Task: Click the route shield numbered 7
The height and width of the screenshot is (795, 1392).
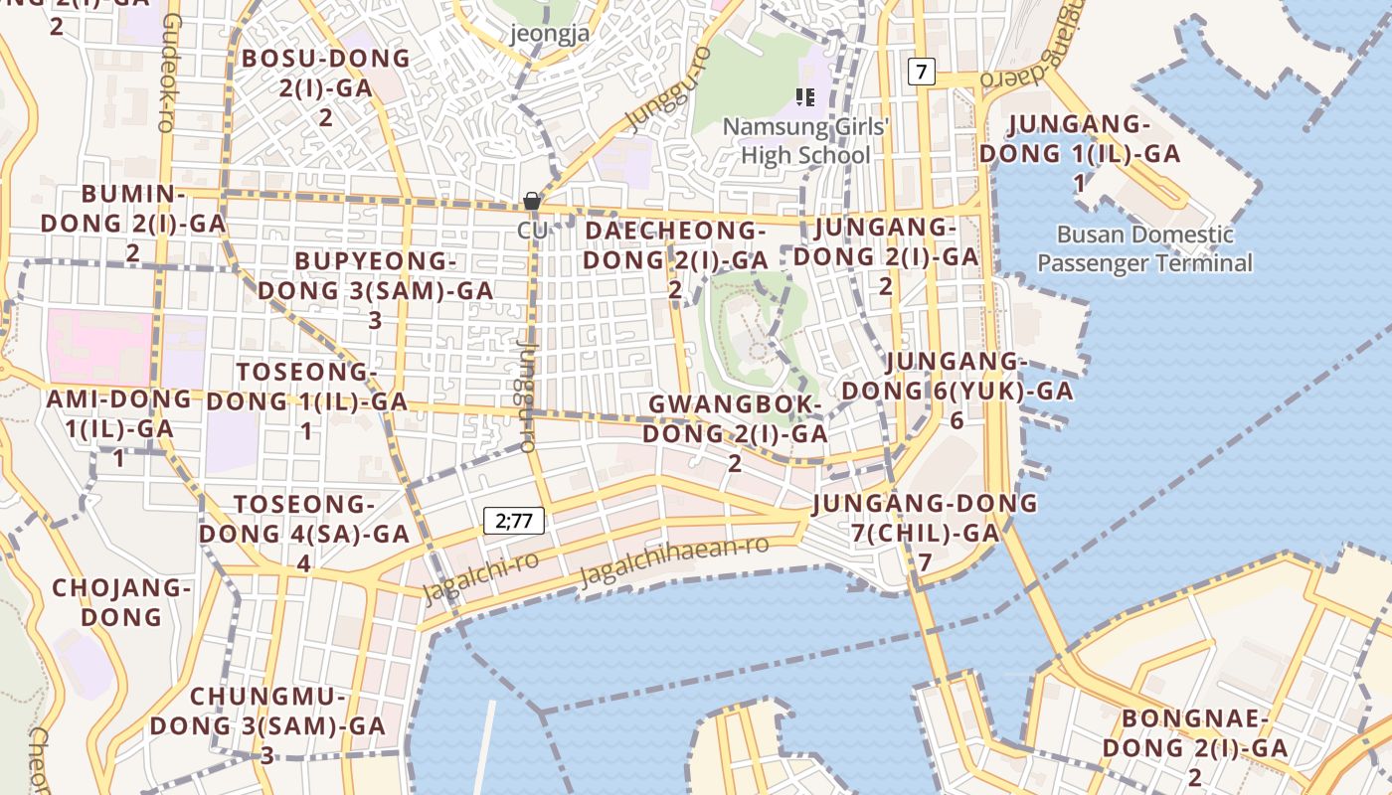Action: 923,72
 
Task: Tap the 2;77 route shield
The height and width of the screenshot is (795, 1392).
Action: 514,520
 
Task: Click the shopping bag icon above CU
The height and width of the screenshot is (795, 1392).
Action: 532,201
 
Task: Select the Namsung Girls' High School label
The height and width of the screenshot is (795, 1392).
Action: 805,141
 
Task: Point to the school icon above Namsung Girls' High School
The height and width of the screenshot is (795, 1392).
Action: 805,97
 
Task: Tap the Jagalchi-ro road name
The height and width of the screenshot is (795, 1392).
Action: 481,576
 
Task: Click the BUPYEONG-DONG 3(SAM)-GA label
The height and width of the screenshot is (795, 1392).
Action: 375,289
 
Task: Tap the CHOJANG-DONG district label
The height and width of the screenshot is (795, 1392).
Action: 121,602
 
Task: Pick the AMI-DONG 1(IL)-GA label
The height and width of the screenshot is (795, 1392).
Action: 119,428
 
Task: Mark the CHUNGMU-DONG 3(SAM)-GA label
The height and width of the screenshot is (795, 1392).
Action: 267,724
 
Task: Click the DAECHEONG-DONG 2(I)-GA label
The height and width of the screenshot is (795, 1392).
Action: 675,258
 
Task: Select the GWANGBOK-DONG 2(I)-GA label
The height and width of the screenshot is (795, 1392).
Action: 735,433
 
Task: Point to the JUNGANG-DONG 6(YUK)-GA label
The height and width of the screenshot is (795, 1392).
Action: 955,390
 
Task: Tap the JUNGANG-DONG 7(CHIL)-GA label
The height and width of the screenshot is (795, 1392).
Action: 925,532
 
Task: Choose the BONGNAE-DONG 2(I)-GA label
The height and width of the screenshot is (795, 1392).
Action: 1195,746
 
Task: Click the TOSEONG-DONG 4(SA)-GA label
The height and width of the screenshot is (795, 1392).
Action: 303,533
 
